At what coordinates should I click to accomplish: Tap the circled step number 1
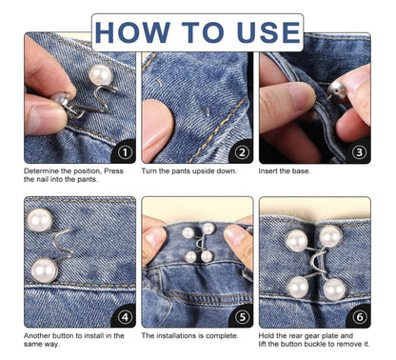[124, 151]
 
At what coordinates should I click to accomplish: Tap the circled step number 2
[241, 151]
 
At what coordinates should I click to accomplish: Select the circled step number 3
[359, 151]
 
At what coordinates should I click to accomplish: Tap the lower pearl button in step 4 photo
[44, 270]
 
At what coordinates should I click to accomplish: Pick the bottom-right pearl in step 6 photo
[333, 289]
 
